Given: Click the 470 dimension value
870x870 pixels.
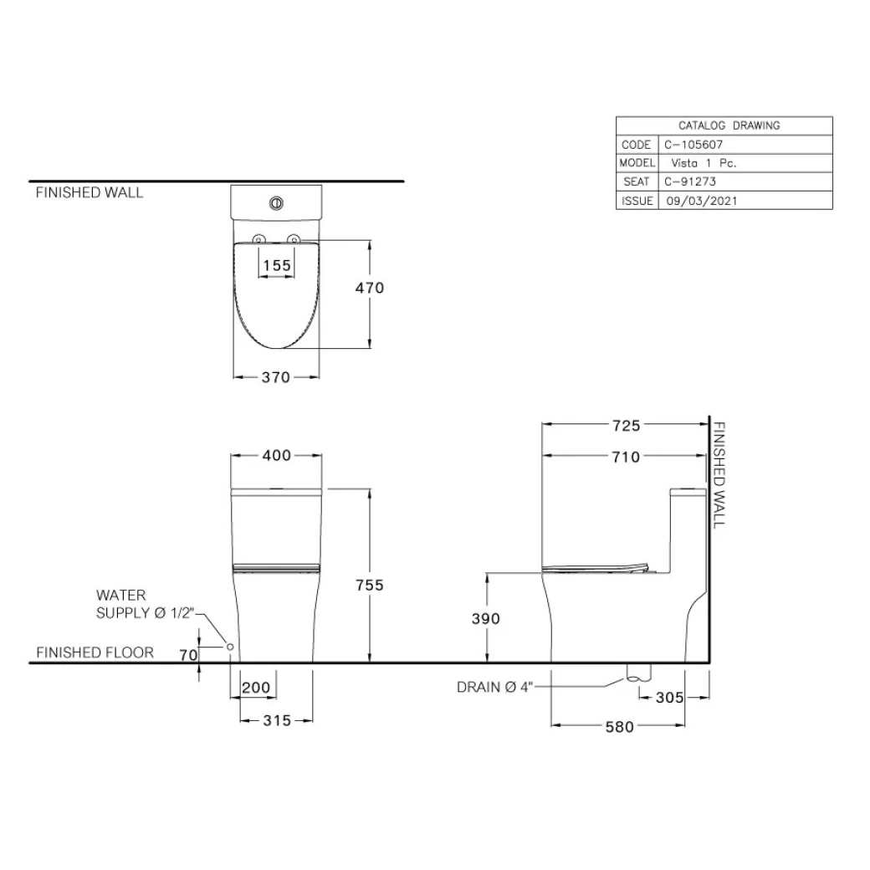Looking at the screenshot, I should coord(368,288).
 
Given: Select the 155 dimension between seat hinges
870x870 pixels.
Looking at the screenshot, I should coord(276,265).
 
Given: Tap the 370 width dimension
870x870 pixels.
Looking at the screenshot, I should coord(275,377).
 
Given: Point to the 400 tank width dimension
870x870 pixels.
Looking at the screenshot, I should coord(277,456).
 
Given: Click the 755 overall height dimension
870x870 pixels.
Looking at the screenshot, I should coord(368,585).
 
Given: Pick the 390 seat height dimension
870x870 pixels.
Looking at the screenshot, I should coord(485,619).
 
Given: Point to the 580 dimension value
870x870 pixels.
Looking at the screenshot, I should coord(619,727).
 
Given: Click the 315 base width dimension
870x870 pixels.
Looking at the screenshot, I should coord(276,719).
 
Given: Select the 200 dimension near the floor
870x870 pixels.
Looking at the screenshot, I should coord(255,688).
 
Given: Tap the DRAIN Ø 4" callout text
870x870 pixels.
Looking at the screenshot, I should coord(494,688).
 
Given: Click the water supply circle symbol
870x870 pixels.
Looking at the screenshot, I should coord(229,647).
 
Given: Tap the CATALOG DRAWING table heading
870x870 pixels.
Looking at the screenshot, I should coord(724,125).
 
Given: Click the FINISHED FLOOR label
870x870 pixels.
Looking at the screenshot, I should coord(95,652).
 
